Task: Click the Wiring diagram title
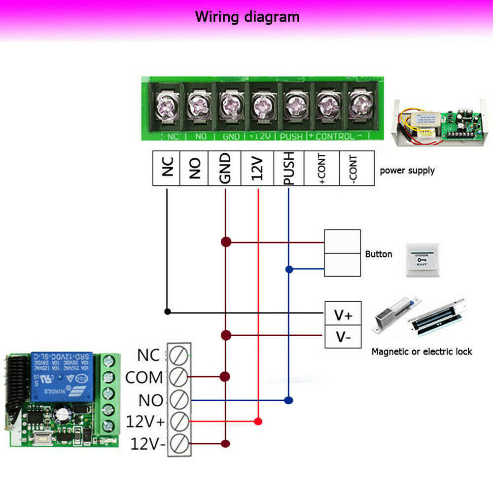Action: [247, 17]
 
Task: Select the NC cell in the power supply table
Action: [167, 168]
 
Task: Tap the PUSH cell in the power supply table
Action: [289, 168]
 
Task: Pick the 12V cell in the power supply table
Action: [257, 168]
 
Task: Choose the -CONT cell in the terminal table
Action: [356, 168]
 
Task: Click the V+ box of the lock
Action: [343, 314]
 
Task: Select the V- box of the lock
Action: [343, 337]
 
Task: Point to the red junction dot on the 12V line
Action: [257, 421]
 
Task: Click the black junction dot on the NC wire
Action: [168, 312]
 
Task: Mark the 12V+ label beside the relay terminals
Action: [144, 422]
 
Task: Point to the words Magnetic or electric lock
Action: [422, 352]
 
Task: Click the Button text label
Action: [379, 254]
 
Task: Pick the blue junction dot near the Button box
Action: [289, 269]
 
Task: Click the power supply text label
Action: [407, 171]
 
